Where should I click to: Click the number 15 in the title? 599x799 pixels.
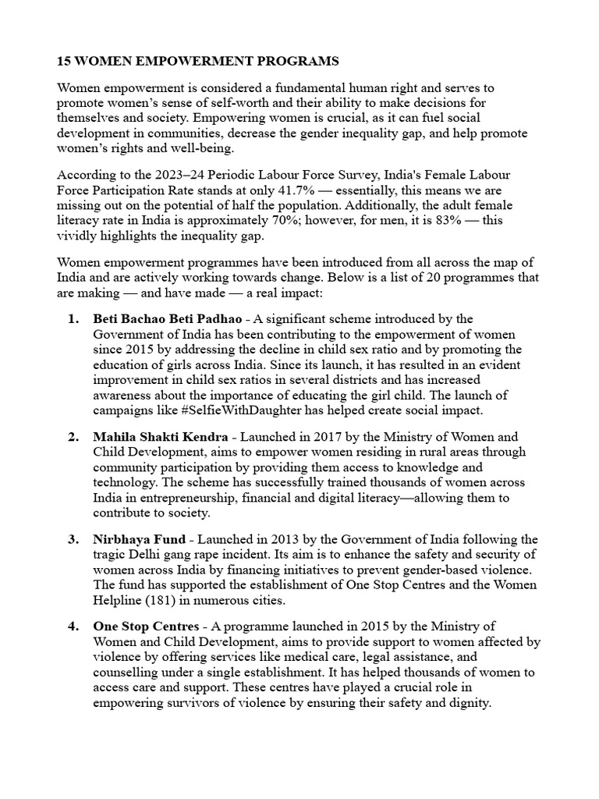coord(65,60)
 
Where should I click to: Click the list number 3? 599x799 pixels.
coord(73,539)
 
